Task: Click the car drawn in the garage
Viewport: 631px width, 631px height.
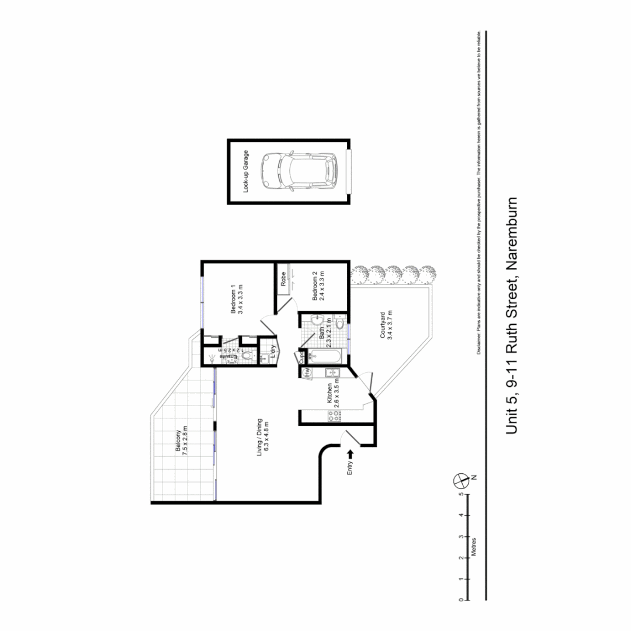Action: point(299,171)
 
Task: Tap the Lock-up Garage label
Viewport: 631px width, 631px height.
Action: point(247,171)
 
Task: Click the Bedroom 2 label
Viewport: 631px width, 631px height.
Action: point(318,286)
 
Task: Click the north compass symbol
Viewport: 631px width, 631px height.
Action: point(462,480)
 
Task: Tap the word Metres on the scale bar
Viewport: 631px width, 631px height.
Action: point(474,548)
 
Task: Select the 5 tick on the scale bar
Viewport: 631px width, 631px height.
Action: point(462,494)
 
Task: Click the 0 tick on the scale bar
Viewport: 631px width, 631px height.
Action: point(462,600)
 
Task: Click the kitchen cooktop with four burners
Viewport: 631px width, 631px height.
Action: point(334,416)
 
